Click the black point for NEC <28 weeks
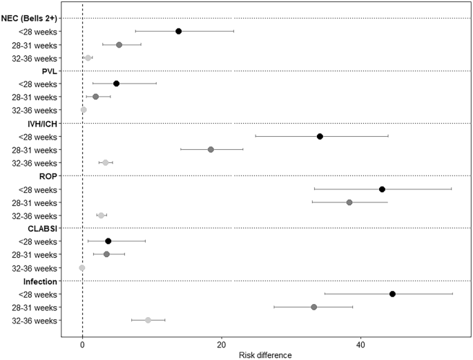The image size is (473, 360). point(178,31)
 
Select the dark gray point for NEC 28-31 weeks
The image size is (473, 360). point(119,44)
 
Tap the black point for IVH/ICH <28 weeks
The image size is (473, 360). point(320,136)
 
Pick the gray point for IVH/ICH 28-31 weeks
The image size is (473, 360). point(211,149)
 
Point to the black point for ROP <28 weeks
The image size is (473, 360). point(382,189)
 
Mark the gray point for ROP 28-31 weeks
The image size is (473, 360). point(349,202)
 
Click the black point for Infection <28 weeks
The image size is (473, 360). point(392,294)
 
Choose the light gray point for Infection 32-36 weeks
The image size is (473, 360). point(148,320)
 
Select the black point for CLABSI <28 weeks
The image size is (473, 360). point(108,241)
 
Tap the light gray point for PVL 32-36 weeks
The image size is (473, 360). point(84,110)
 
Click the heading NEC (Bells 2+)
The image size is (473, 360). point(30,18)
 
